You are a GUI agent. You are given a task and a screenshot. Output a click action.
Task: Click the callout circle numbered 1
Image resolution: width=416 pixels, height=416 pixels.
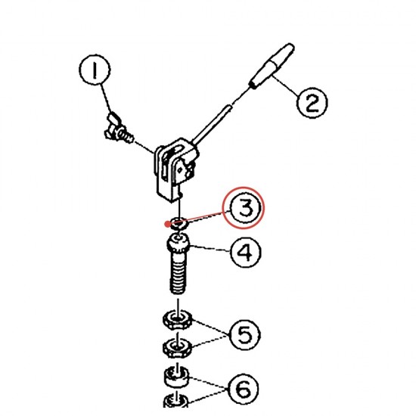click(x=95, y=70)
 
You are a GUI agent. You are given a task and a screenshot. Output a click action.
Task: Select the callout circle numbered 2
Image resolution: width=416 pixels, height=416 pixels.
click(x=312, y=103)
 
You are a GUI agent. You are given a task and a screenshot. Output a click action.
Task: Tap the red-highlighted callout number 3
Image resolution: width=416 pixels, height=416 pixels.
click(x=243, y=207)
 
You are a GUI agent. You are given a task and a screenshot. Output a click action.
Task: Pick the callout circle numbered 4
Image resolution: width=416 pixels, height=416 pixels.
click(x=245, y=252)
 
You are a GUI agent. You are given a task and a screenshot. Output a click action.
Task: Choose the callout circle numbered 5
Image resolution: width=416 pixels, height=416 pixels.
click(x=244, y=335)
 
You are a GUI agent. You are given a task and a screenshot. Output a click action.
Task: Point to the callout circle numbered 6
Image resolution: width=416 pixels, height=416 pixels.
click(x=243, y=390)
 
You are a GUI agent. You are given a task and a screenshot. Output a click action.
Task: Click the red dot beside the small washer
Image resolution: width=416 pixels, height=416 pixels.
click(x=167, y=225)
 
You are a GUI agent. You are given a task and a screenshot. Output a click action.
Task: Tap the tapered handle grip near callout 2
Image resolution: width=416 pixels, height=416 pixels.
click(x=272, y=66)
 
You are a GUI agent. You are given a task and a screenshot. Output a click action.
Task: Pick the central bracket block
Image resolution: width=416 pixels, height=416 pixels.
click(x=176, y=169)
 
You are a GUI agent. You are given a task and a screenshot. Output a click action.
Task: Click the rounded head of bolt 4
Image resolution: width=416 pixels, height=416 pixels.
click(x=179, y=243)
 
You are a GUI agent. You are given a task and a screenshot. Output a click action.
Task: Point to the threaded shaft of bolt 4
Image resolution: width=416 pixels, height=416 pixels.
click(x=178, y=273)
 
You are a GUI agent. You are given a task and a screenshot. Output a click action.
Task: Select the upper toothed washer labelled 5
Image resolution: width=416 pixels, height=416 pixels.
click(x=177, y=319)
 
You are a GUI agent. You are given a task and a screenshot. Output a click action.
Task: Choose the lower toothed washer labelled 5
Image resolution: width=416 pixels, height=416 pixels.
click(x=177, y=347)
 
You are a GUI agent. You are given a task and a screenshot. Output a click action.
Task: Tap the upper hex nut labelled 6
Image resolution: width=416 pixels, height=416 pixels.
click(x=177, y=376)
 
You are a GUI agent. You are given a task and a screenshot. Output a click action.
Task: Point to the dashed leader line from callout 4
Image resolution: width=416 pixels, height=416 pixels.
click(x=210, y=249)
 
